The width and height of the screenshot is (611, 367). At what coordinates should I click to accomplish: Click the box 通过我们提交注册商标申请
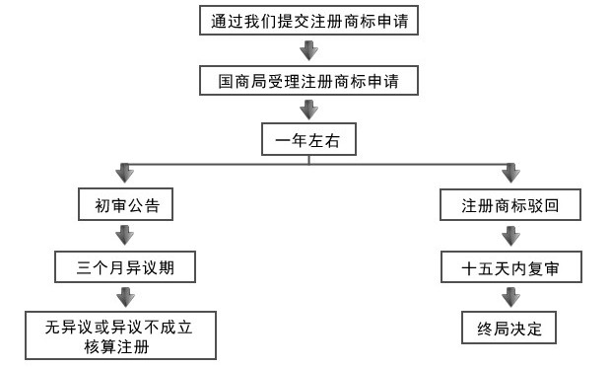point(308,22)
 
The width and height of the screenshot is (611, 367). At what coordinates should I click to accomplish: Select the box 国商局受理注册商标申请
point(308,80)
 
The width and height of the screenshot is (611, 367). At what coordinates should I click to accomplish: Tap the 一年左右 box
point(307,140)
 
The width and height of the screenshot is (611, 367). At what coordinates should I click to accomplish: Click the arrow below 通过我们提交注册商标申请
point(308,50)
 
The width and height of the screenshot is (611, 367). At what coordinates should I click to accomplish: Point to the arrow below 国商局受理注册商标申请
point(308,110)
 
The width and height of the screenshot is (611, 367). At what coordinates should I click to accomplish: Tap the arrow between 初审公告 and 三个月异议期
point(125,235)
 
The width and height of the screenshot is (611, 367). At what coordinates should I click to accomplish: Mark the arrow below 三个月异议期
point(125,295)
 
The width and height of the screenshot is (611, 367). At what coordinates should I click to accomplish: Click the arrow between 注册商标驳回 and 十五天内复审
point(509,235)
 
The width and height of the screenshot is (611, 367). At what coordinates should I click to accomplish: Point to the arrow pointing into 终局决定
point(509,295)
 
